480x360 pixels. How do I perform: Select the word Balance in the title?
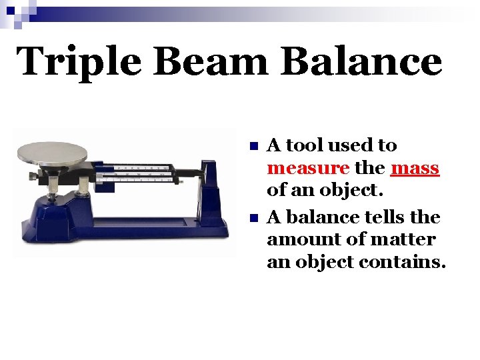click(361, 62)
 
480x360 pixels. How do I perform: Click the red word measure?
click(307, 167)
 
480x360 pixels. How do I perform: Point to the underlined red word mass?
click(415, 167)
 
